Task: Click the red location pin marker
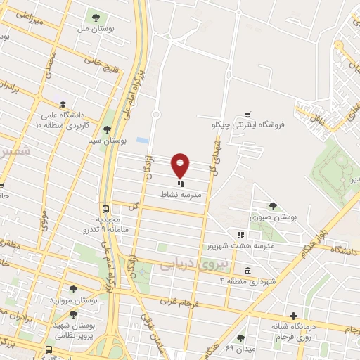pos(181,165)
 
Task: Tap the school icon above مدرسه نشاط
pos(181,184)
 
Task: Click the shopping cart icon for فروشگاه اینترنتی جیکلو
pos(247,114)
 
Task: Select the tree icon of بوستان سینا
pos(106,129)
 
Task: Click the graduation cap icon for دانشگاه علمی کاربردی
pos(63,103)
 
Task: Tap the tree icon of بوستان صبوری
pos(273,205)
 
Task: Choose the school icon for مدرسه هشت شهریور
pos(240,235)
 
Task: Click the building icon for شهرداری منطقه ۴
pos(247,271)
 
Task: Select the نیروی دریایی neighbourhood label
pos(186,264)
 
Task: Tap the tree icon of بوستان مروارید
pos(73,288)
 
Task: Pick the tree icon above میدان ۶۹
pos(240,338)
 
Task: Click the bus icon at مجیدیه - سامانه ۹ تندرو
pos(105,209)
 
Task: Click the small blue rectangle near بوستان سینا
pos(143,141)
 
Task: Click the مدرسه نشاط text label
pos(181,195)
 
